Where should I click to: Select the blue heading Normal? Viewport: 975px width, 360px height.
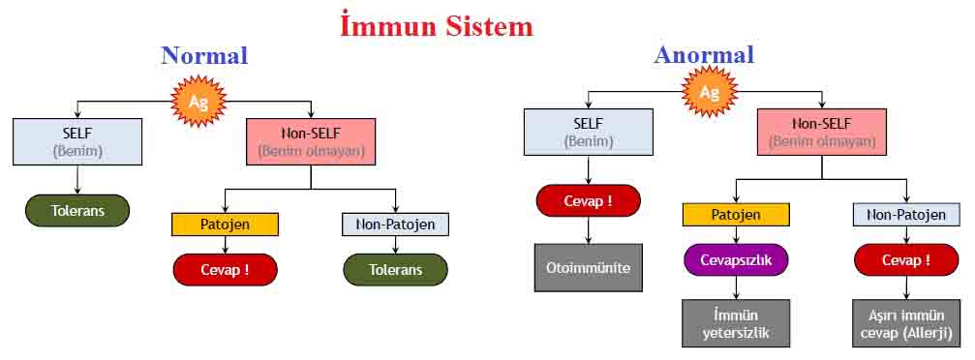204,55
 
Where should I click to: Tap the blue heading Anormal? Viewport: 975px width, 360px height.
704,55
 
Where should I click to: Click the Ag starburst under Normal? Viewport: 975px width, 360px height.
198,101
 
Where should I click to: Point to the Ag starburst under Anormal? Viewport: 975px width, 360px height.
710,93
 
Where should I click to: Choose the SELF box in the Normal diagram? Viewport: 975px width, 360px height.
77,141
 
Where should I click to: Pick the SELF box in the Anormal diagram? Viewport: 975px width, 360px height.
589,132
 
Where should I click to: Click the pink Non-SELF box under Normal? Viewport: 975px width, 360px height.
311,141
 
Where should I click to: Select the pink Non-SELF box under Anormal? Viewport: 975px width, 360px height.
821,132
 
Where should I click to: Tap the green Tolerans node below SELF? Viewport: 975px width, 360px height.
77,211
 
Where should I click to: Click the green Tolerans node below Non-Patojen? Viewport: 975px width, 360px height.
395,270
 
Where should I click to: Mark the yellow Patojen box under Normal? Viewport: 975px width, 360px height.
225,225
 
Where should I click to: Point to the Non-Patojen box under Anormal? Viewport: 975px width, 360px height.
906,215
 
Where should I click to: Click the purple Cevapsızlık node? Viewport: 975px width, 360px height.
736,260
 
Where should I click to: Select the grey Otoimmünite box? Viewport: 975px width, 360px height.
589,268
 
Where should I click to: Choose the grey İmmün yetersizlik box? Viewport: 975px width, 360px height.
736,323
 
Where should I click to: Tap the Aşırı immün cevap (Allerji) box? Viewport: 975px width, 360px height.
906,323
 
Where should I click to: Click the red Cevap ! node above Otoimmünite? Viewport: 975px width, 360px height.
589,201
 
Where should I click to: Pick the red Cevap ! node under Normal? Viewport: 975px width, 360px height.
225,270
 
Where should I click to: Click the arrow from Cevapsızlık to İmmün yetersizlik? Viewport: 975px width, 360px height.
736,287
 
